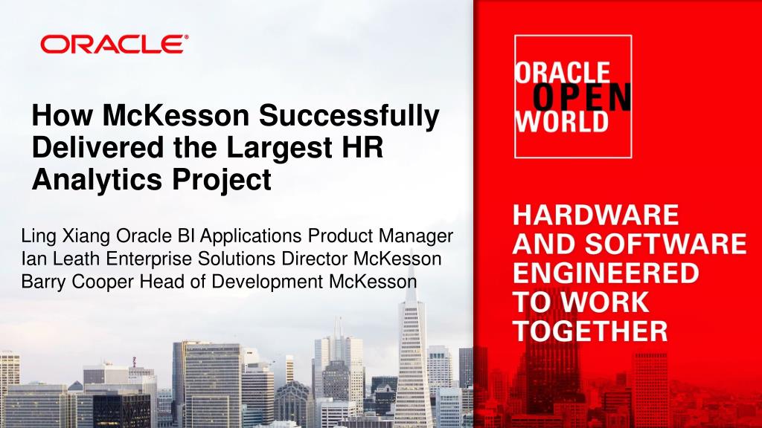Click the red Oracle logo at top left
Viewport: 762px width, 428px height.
coord(114,44)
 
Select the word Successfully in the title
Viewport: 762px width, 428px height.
coord(349,117)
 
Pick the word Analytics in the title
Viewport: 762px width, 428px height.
coord(97,180)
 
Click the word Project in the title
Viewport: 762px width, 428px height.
coord(222,180)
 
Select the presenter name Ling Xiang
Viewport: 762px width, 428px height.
coord(65,237)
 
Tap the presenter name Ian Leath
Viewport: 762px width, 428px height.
coord(60,259)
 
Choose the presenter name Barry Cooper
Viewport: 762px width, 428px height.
coord(77,282)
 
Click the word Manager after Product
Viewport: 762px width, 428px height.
coord(416,237)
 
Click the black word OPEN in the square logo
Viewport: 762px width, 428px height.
coord(582,97)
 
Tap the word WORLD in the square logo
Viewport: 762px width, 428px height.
coord(562,122)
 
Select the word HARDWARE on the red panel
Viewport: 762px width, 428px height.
coord(596,215)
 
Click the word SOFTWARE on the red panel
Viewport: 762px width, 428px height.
coord(665,244)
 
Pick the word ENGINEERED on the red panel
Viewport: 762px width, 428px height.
coord(606,273)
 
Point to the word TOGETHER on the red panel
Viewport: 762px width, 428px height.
coord(590,331)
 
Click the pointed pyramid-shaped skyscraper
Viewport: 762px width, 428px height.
coord(412,354)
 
